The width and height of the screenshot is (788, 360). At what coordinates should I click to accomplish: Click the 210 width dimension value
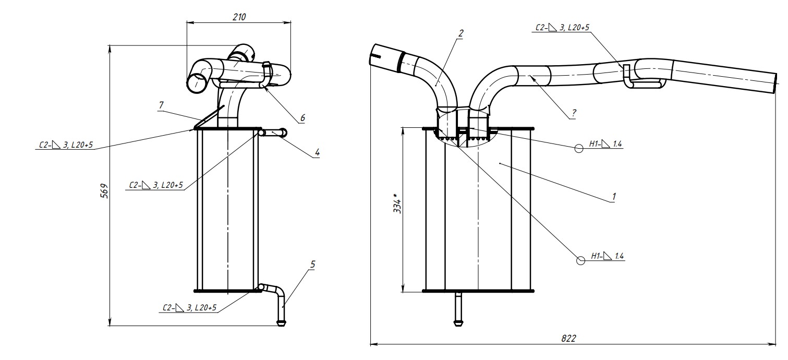click(x=239, y=17)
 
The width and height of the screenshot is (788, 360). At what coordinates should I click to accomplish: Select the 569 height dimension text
click(x=104, y=191)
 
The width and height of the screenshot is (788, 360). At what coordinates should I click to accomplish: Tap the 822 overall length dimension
click(x=568, y=338)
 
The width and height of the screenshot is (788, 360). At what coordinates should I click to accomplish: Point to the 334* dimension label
click(x=397, y=205)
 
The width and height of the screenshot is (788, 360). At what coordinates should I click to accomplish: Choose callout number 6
click(x=301, y=118)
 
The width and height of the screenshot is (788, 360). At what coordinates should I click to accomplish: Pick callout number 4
click(x=317, y=153)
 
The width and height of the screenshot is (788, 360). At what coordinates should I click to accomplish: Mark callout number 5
click(x=312, y=265)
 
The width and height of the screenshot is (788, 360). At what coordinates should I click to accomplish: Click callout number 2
click(x=460, y=33)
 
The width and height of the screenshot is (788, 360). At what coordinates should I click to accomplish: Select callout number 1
click(x=614, y=197)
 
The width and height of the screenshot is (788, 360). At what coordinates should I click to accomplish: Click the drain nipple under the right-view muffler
click(x=458, y=309)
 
